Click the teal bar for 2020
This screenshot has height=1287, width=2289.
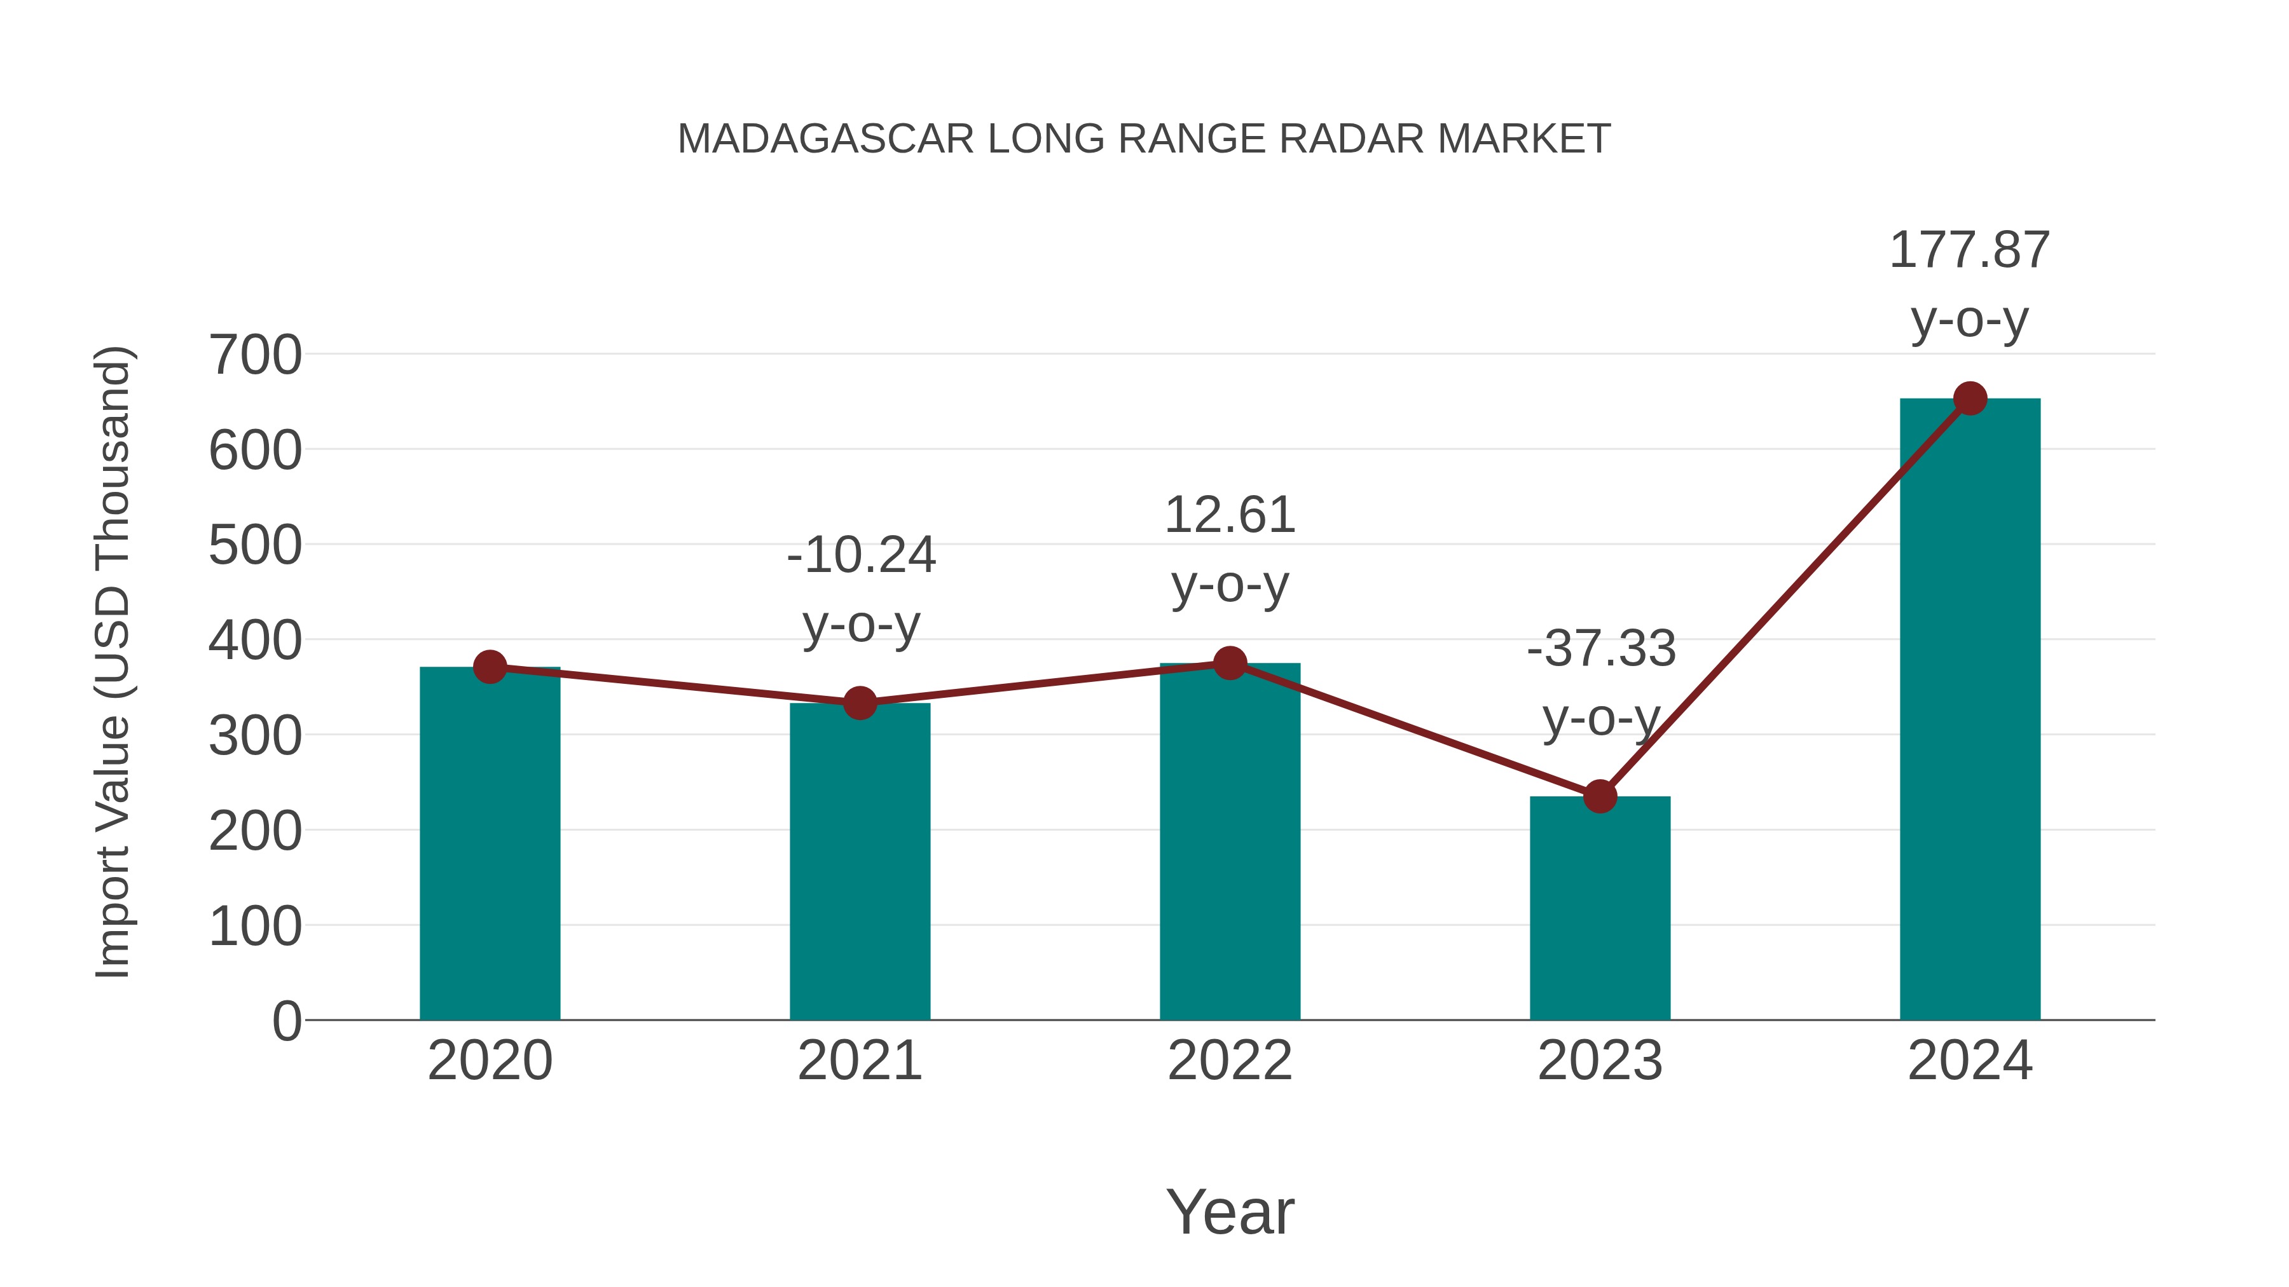click(490, 844)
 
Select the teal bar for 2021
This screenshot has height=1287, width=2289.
click(859, 862)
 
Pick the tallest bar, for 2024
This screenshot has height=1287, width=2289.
click(1970, 711)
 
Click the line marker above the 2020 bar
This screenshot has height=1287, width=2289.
click(490, 667)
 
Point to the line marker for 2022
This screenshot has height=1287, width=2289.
click(1230, 663)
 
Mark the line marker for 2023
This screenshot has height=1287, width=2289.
click(1600, 797)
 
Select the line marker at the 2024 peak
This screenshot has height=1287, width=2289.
click(1970, 398)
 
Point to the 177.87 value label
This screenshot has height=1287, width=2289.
click(1969, 250)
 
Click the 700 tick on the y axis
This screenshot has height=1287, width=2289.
click(255, 355)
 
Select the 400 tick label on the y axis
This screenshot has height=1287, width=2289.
click(255, 641)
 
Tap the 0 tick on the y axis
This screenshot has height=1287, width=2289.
click(287, 1021)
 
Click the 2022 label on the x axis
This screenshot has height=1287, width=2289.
click(1230, 1061)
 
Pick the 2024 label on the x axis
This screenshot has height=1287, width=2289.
click(1970, 1061)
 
